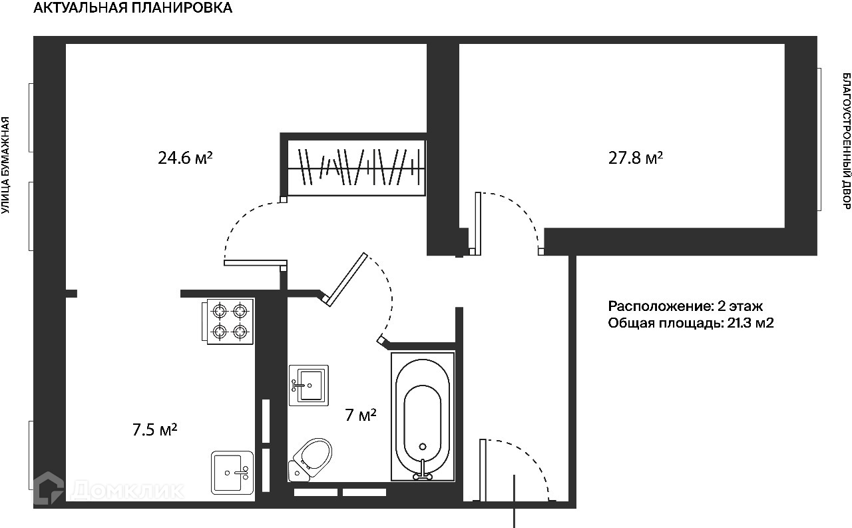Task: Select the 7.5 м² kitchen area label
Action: coord(154,429)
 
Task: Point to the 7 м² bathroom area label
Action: coord(361,415)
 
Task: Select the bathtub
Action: coord(422,416)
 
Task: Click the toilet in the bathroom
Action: coord(312,458)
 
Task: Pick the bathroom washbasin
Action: coord(309,385)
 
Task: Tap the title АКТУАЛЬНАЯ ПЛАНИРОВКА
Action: coord(133,9)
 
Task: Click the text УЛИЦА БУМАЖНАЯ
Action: coord(6,165)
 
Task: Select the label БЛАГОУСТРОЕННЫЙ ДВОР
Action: coord(846,141)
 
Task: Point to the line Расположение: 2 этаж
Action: coord(685,306)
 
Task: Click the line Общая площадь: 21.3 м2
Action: coord(690,324)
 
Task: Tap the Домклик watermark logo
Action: coord(110,489)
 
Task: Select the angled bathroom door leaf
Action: coord(346,278)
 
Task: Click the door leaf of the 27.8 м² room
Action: coord(477,223)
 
